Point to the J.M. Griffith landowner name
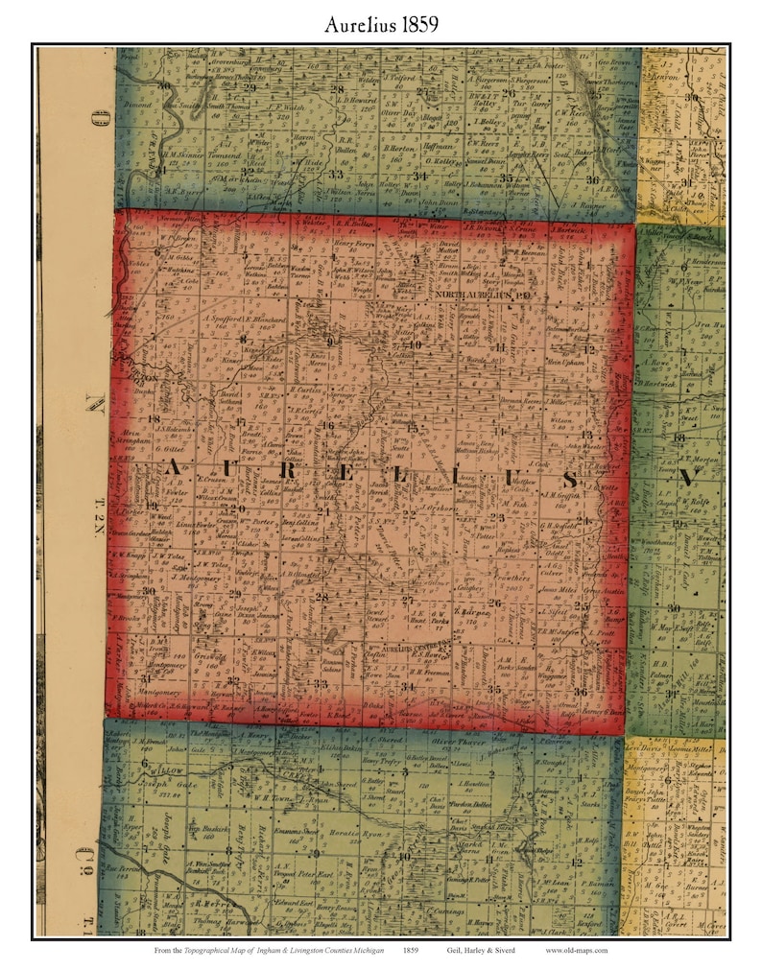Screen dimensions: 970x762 point(563,495)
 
